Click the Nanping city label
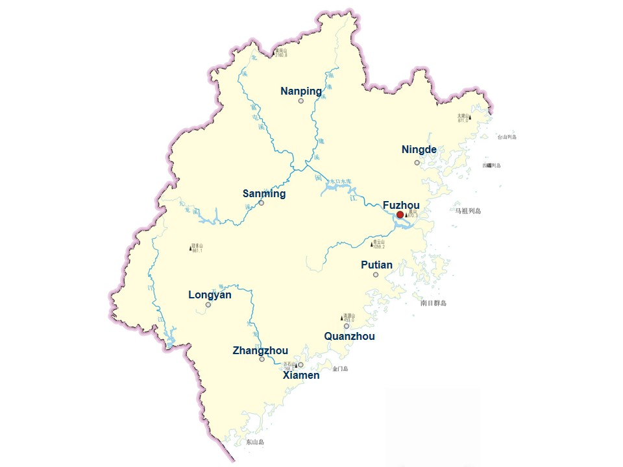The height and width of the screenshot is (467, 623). coord(300,91)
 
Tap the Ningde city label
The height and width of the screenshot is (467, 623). coord(419,150)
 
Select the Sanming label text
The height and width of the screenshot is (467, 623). coord(264,194)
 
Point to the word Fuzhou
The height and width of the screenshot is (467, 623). coord(401,206)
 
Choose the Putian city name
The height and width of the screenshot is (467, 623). coord(376,265)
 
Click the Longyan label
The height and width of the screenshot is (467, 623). coord(210,295)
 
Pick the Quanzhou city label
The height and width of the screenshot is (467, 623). coord(349,337)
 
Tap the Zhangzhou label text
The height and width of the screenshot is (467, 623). coord(260,351)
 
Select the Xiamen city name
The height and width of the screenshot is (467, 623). coord(301,375)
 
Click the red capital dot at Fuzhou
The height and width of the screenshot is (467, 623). coord(400,215)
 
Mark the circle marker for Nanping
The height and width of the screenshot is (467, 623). coord(301,101)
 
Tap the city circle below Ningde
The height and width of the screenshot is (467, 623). coord(417,162)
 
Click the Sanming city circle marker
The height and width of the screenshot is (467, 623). coord(262,203)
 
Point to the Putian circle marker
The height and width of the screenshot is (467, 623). coord(376,275)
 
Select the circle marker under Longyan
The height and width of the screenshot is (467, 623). coord(208,304)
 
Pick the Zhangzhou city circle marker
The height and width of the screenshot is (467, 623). coord(262,359)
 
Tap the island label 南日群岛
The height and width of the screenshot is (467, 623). coord(434,303)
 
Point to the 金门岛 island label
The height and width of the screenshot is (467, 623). coord(340,369)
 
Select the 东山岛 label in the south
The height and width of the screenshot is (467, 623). coord(255,442)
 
